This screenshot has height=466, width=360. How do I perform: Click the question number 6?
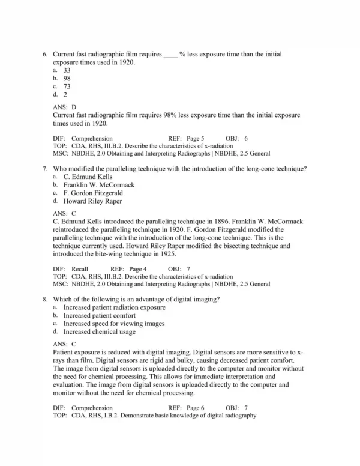click(x=45, y=55)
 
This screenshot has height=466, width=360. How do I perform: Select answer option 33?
click(x=67, y=70)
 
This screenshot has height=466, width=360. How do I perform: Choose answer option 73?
click(x=67, y=86)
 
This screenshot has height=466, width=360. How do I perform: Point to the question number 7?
click(x=45, y=169)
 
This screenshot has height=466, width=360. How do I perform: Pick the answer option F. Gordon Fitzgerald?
click(x=93, y=193)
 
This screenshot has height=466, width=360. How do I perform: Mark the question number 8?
click(x=45, y=300)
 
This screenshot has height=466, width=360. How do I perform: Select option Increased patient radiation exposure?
click(x=114, y=307)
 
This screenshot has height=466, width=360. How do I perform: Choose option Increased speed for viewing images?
click(x=113, y=324)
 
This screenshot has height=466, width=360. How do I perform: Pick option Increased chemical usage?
click(x=100, y=331)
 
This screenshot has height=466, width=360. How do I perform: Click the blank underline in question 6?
click(x=170, y=55)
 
